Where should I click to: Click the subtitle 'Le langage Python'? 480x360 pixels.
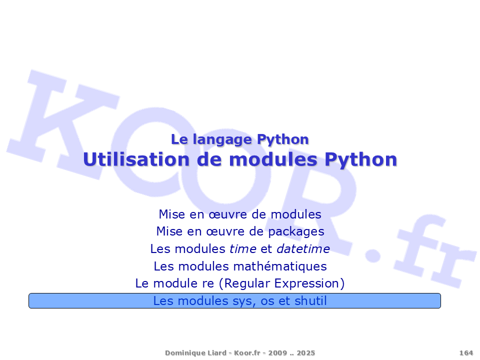click(239, 140)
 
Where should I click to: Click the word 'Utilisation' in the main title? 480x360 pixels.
click(136, 159)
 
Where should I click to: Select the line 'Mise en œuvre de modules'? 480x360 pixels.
click(240, 214)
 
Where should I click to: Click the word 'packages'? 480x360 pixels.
click(296, 232)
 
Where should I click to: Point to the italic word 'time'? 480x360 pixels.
click(243, 249)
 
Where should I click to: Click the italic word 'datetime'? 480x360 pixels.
click(303, 249)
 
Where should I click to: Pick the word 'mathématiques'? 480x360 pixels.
click(280, 266)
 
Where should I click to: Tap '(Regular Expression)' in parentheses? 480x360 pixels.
click(281, 283)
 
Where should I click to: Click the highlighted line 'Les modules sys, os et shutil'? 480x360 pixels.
click(240, 301)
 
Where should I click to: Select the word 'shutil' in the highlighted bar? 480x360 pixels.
click(310, 300)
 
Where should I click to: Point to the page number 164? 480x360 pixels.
click(466, 352)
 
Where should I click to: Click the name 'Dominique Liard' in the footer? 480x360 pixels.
click(195, 352)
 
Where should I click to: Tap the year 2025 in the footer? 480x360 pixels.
click(305, 352)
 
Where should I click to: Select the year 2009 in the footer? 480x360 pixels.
click(277, 352)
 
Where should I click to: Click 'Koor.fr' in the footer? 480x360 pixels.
click(247, 352)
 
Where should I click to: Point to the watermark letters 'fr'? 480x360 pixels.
click(434, 251)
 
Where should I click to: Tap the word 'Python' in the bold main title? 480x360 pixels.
click(360, 160)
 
